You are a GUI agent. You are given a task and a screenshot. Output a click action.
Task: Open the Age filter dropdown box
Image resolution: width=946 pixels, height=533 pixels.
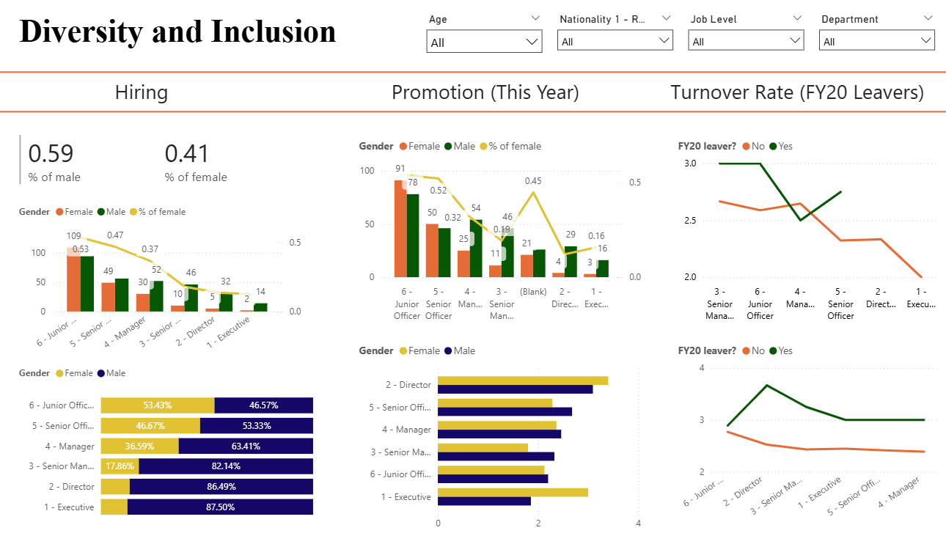484,42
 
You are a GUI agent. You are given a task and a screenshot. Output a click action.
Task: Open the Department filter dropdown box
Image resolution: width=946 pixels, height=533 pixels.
876,41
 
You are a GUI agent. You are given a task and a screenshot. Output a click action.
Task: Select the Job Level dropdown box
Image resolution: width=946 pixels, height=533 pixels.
746,41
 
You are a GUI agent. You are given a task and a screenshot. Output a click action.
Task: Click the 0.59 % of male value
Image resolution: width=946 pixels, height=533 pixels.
51,154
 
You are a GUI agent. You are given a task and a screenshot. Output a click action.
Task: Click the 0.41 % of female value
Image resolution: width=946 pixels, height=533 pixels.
187,154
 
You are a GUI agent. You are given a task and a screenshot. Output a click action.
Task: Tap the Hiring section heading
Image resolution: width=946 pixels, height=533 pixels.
142,92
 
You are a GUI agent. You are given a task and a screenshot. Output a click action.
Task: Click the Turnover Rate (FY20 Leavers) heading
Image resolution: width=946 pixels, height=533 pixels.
797,92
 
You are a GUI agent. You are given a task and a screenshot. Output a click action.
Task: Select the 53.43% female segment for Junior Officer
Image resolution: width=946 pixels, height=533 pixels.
158,405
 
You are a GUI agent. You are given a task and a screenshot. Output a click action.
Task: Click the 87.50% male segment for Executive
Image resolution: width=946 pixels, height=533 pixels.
220,507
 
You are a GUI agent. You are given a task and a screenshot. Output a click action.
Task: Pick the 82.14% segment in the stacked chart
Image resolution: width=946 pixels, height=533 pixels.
225,466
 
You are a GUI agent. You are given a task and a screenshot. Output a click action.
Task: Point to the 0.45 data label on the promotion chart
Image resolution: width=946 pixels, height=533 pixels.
533,181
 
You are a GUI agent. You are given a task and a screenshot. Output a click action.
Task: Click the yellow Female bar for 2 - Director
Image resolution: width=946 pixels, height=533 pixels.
522,380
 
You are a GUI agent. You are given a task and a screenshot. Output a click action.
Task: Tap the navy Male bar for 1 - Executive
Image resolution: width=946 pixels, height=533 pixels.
484,501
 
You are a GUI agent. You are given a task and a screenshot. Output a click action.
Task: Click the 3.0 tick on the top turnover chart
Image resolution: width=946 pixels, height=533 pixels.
690,163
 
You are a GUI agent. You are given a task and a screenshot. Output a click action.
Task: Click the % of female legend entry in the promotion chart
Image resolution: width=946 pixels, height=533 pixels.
510,146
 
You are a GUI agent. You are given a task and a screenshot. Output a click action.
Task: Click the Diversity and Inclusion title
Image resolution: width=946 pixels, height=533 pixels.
177,32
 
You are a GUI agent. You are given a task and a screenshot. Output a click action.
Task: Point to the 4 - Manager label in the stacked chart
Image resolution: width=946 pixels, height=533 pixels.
69,446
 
